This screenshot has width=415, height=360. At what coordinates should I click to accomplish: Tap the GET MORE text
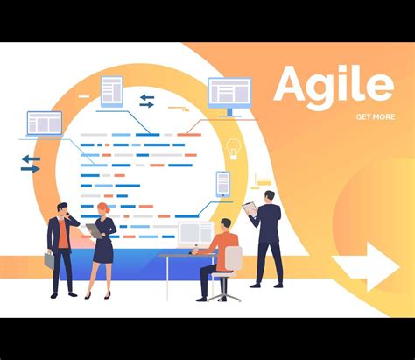tap(375, 116)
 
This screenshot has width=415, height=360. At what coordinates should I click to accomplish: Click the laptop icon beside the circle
tap(44, 124)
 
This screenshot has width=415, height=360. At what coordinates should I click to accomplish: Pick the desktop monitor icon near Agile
tap(229, 95)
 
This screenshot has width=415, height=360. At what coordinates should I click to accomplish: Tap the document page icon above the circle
tap(111, 90)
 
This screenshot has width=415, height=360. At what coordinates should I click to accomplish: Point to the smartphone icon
tap(223, 183)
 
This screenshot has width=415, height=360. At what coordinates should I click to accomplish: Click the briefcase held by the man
tap(49, 259)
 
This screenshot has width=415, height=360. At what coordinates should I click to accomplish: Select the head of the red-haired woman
tap(103, 209)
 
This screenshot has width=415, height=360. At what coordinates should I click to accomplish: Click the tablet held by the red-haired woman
tap(93, 230)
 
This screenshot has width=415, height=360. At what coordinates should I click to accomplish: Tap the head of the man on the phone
tap(62, 209)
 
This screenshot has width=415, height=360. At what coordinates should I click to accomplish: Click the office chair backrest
tap(232, 260)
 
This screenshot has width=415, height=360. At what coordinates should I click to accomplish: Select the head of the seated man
tap(226, 225)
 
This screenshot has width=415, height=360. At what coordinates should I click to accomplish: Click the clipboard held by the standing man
tap(250, 208)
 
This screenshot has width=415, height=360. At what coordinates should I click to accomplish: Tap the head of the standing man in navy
tap(269, 196)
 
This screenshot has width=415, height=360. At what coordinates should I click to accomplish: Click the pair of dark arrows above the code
tap(147, 101)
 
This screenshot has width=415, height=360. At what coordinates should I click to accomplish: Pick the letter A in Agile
tap(294, 86)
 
